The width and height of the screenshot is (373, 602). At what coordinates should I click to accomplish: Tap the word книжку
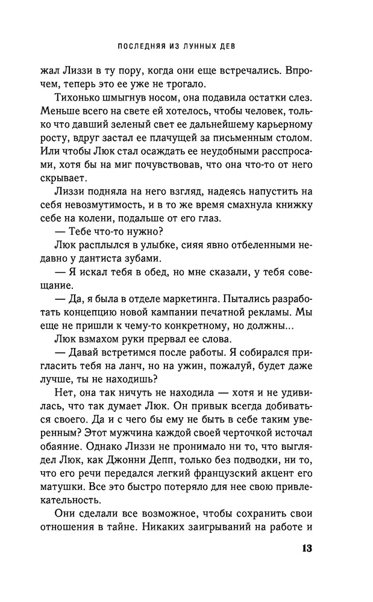[x=292, y=208]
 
